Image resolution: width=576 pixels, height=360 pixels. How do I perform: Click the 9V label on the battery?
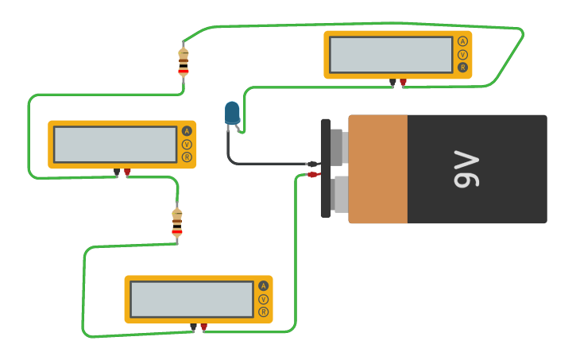point(466,168)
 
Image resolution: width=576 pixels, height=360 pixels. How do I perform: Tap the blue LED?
point(232,113)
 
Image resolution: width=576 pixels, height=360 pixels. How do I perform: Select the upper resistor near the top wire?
point(184,61)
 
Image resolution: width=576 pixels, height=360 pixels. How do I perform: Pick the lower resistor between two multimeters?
point(177,223)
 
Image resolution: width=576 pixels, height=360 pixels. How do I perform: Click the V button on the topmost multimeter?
point(462,55)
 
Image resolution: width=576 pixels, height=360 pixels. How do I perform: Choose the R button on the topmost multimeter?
point(462,68)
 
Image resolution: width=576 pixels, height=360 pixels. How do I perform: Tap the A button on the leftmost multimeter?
point(187,131)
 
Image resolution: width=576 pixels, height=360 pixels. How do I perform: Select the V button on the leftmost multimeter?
point(187,145)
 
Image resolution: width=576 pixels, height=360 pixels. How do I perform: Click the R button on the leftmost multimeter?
point(187,157)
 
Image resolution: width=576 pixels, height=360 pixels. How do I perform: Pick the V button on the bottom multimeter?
point(263,300)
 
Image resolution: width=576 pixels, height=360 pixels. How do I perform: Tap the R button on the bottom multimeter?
point(263,312)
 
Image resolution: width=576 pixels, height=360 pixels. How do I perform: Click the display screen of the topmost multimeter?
point(391,55)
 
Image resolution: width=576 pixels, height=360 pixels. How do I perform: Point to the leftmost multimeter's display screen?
point(115,145)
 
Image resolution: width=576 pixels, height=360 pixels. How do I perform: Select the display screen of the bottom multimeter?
point(191,300)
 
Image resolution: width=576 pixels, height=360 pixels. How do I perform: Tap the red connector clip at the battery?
point(313,175)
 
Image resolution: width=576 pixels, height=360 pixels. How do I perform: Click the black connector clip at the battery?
point(312,165)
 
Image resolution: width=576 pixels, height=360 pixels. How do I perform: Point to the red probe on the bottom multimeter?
point(204,327)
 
